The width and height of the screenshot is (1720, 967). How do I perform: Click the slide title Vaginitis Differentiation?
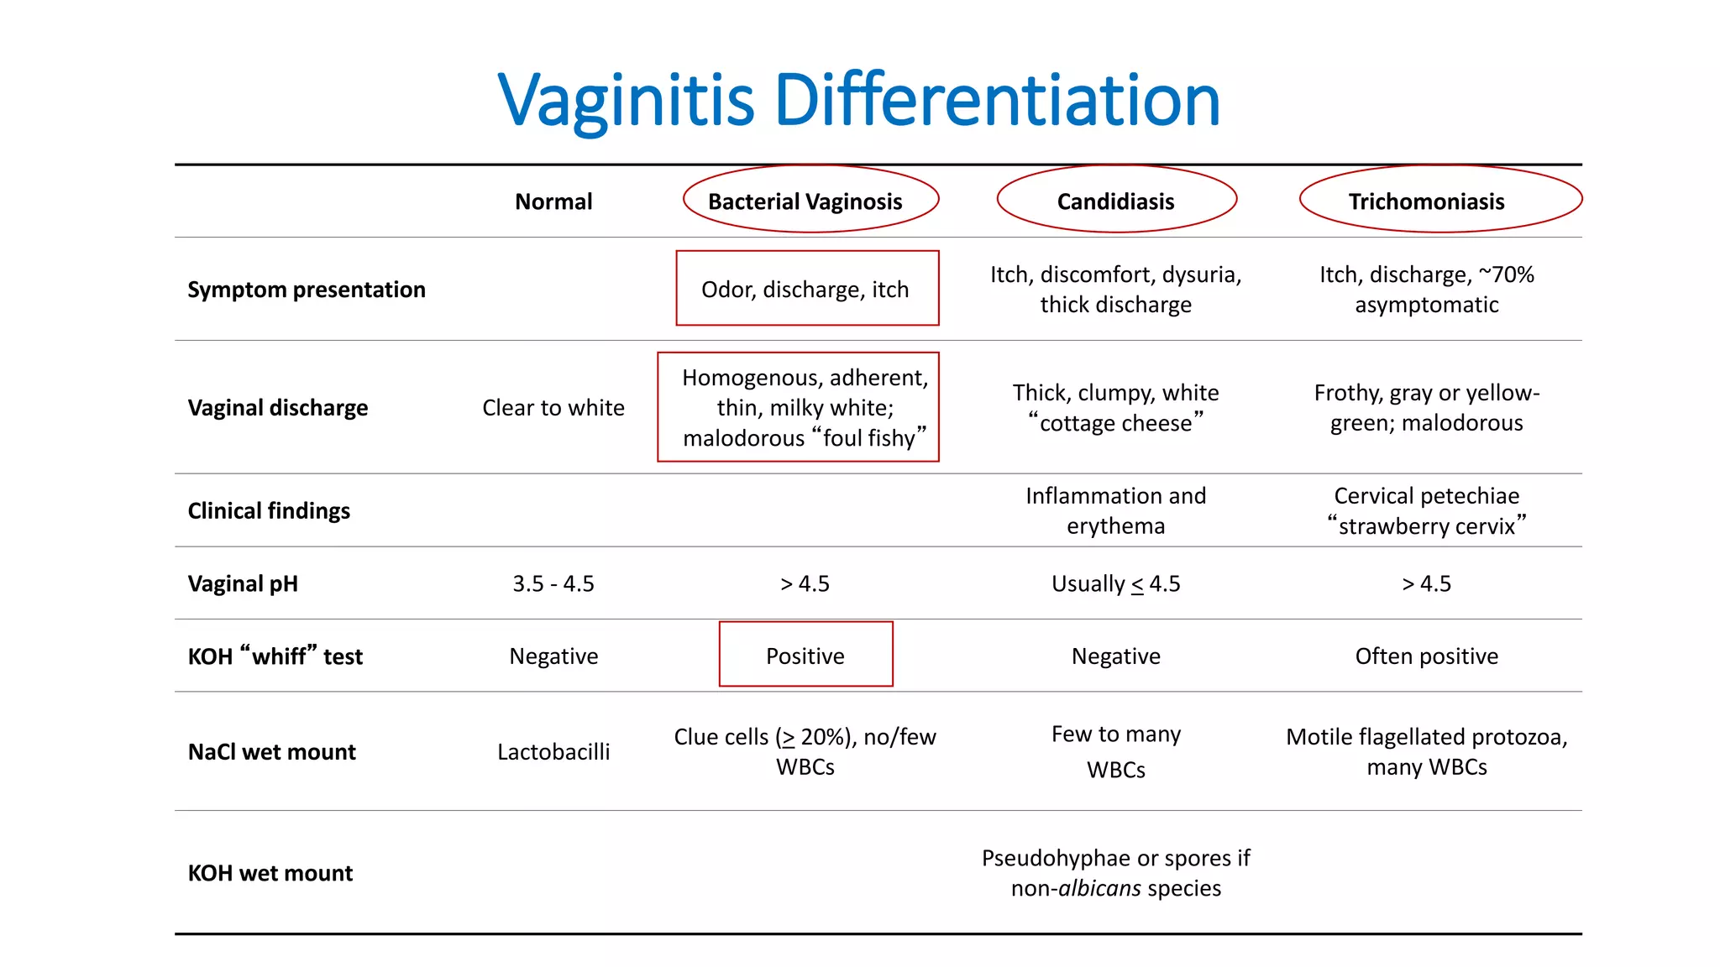click(858, 101)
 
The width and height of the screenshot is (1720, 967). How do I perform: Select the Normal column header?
click(553, 201)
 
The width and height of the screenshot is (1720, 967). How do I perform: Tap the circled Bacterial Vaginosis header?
click(805, 201)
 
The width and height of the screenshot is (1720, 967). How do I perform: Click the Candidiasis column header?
click(1115, 201)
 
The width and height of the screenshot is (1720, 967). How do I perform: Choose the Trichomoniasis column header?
click(1426, 201)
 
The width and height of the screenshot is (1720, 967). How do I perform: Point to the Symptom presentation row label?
click(307, 290)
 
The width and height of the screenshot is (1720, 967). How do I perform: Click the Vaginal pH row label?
click(243, 583)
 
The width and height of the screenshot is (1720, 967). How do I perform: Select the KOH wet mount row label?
click(270, 873)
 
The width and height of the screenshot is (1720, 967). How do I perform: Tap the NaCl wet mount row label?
click(272, 751)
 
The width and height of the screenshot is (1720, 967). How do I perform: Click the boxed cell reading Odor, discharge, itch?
click(805, 290)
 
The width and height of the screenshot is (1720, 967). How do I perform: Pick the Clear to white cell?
click(553, 408)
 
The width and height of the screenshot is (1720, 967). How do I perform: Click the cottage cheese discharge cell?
click(1115, 408)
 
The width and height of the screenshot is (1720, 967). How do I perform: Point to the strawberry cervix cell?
click(1426, 511)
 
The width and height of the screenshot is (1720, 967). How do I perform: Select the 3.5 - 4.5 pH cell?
click(553, 583)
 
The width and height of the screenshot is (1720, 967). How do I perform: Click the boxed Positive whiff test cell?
click(805, 656)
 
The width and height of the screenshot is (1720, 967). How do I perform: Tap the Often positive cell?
click(1426, 656)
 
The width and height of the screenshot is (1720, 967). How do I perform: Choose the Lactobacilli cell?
click(553, 751)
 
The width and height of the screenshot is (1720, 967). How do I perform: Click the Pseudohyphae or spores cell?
click(1115, 873)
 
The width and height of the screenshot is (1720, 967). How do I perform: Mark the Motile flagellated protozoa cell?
click(1426, 751)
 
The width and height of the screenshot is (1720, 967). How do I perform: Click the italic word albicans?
click(1099, 888)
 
